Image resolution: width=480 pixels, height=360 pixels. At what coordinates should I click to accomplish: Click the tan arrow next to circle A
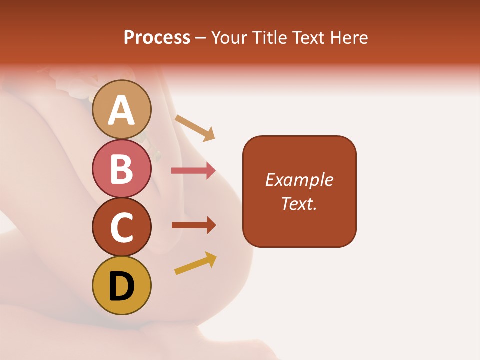195,127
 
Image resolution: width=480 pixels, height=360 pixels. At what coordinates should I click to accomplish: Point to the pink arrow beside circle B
193,171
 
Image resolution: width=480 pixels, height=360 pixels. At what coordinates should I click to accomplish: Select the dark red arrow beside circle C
193,225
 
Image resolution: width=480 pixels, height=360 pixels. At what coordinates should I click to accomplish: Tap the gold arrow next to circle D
195,264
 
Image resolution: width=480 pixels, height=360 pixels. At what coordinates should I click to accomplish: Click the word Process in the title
157,37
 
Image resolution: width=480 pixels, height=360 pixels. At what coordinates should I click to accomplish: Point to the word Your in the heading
229,37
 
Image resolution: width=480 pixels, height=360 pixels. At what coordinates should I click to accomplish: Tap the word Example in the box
299,180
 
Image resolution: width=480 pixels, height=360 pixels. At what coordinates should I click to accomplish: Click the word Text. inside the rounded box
299,204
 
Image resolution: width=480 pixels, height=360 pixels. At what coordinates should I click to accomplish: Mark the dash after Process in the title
200,38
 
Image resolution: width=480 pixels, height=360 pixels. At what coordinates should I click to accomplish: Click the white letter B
121,169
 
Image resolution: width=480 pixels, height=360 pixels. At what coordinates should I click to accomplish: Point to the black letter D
121,286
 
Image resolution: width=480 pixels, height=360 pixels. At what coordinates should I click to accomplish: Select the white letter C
121,227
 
